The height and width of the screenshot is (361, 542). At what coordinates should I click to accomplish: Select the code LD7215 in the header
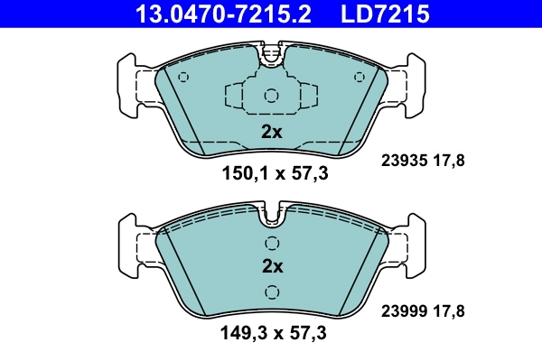pyautogui.click(x=382, y=14)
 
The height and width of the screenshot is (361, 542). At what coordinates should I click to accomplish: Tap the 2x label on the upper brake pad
pyautogui.click(x=271, y=132)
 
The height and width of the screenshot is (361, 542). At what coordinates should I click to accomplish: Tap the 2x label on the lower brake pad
pyautogui.click(x=271, y=267)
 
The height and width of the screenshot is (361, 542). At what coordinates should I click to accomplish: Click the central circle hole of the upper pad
pyautogui.click(x=271, y=96)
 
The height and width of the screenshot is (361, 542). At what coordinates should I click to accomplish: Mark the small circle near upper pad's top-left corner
pyautogui.click(x=184, y=77)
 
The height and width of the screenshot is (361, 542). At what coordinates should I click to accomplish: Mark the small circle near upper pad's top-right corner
pyautogui.click(x=359, y=77)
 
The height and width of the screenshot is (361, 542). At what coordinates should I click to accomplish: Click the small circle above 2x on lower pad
pyautogui.click(x=271, y=242)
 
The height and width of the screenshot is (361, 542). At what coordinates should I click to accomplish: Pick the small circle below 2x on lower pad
pyautogui.click(x=271, y=292)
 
